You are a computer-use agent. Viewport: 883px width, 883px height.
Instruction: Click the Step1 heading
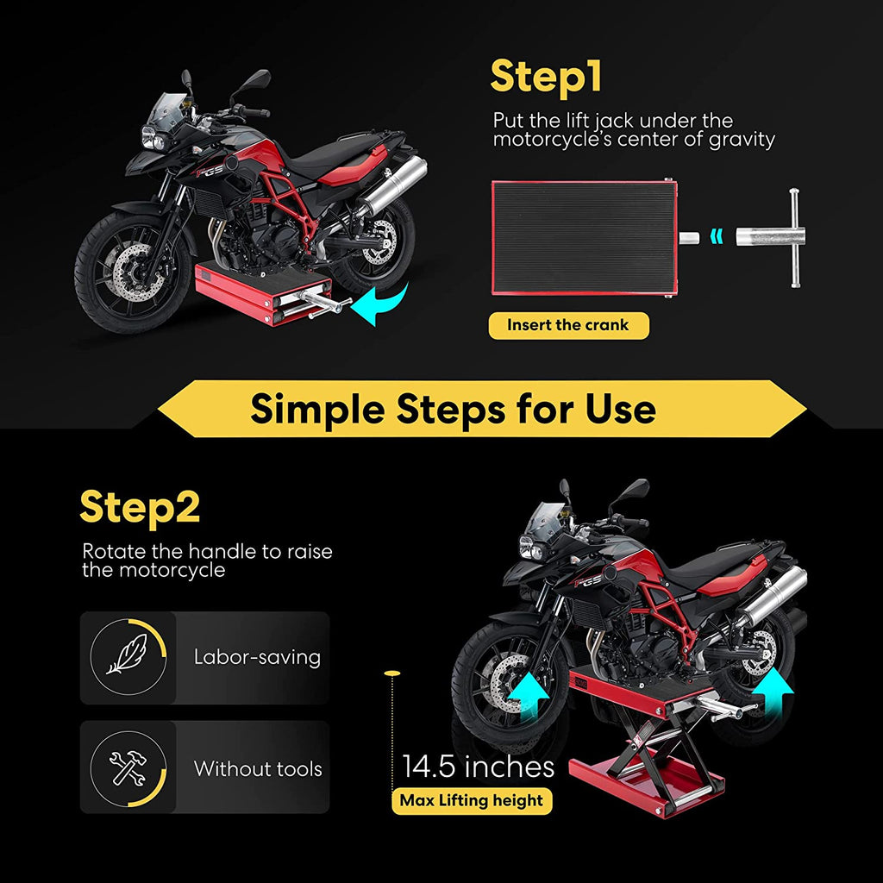click(x=546, y=77)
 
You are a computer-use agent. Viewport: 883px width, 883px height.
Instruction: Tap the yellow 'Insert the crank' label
click(x=568, y=325)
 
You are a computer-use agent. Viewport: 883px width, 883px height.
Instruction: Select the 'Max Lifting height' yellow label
click(x=472, y=800)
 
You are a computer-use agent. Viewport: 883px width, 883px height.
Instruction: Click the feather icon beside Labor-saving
click(x=128, y=658)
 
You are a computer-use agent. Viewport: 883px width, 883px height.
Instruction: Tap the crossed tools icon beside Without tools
click(x=128, y=767)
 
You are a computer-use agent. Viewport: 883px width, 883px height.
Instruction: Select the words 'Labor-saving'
click(x=257, y=657)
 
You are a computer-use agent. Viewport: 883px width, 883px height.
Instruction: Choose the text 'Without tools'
click(x=258, y=768)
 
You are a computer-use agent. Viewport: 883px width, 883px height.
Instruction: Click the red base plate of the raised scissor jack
click(x=647, y=790)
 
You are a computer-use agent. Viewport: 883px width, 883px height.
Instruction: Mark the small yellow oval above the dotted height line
click(x=391, y=670)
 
